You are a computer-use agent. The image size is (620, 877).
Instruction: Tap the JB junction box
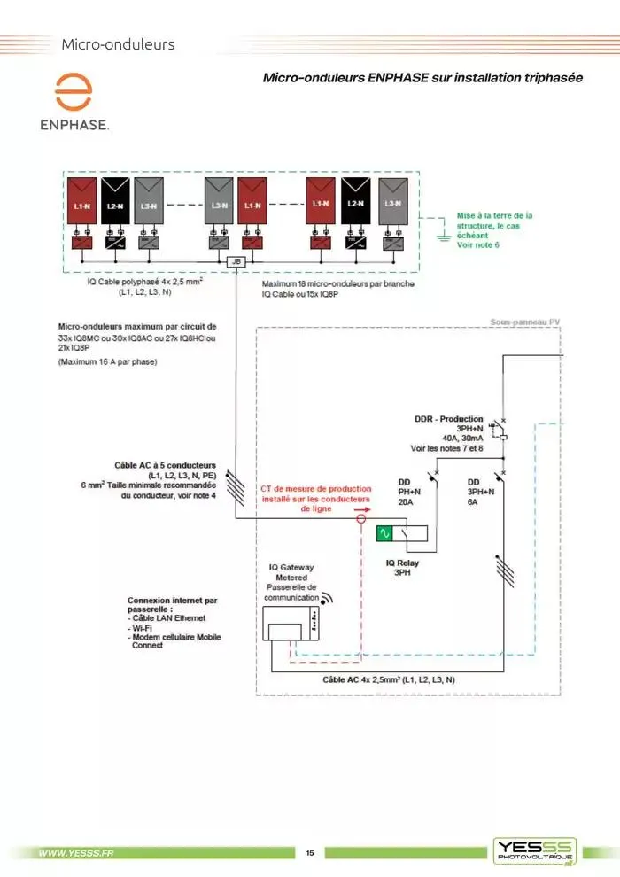click(x=236, y=262)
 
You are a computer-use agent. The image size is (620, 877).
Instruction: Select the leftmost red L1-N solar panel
click(x=81, y=203)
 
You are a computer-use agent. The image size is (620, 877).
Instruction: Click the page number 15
click(x=310, y=853)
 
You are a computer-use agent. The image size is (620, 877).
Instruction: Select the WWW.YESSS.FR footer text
click(x=76, y=853)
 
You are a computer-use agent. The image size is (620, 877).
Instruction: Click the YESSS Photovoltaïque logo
click(x=535, y=850)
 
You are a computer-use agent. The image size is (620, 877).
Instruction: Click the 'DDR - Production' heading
click(x=449, y=419)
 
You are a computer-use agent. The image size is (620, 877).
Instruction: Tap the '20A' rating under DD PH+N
click(x=407, y=501)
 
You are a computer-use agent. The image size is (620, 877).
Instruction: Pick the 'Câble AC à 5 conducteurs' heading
click(x=166, y=465)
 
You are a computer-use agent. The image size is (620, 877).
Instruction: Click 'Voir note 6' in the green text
click(x=478, y=244)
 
